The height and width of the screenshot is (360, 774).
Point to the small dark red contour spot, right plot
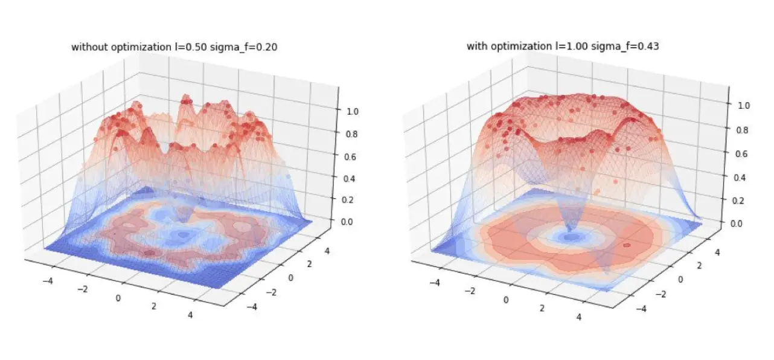(627, 246)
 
